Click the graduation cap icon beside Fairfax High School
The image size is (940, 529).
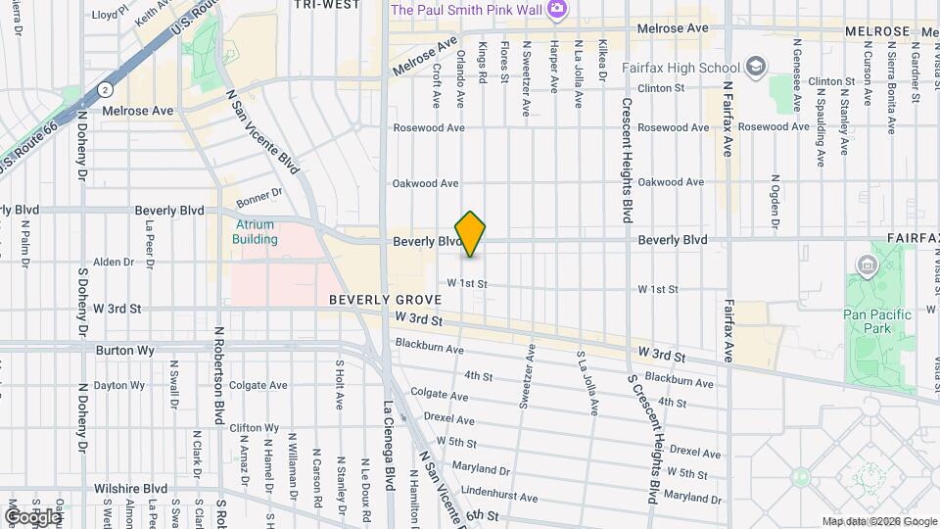[x=755, y=67]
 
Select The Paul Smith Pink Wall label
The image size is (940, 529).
[x=465, y=9]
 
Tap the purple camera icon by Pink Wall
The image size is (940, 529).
[x=556, y=9]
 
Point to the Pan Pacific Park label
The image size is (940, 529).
[x=877, y=321]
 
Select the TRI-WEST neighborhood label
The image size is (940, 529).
[x=326, y=5]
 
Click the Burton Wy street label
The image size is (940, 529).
[x=120, y=349]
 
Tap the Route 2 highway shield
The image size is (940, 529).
[x=105, y=89]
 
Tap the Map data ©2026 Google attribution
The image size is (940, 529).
[x=878, y=521]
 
